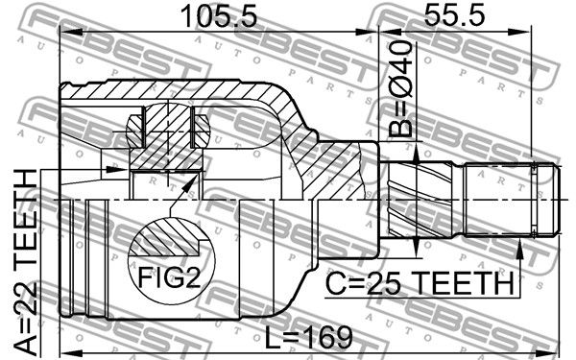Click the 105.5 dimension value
[x=220, y=15]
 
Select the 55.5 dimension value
[x=454, y=15]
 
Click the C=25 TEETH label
[x=420, y=283]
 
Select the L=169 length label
[x=309, y=338]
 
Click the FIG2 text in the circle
[x=169, y=277]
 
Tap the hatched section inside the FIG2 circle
[x=167, y=238]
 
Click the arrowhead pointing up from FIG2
[x=189, y=183]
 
